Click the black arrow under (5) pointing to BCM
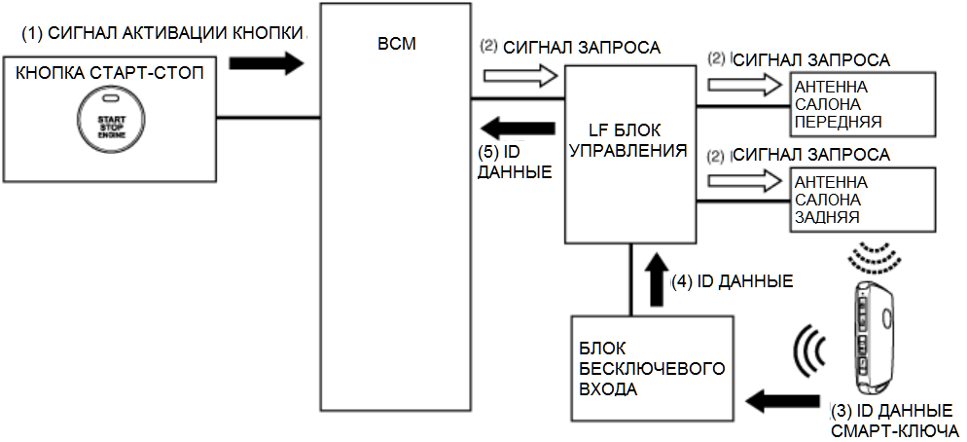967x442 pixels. [x=518, y=125]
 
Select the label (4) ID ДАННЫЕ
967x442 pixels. [x=732, y=281]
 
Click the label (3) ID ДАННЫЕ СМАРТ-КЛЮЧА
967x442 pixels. [x=896, y=420]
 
